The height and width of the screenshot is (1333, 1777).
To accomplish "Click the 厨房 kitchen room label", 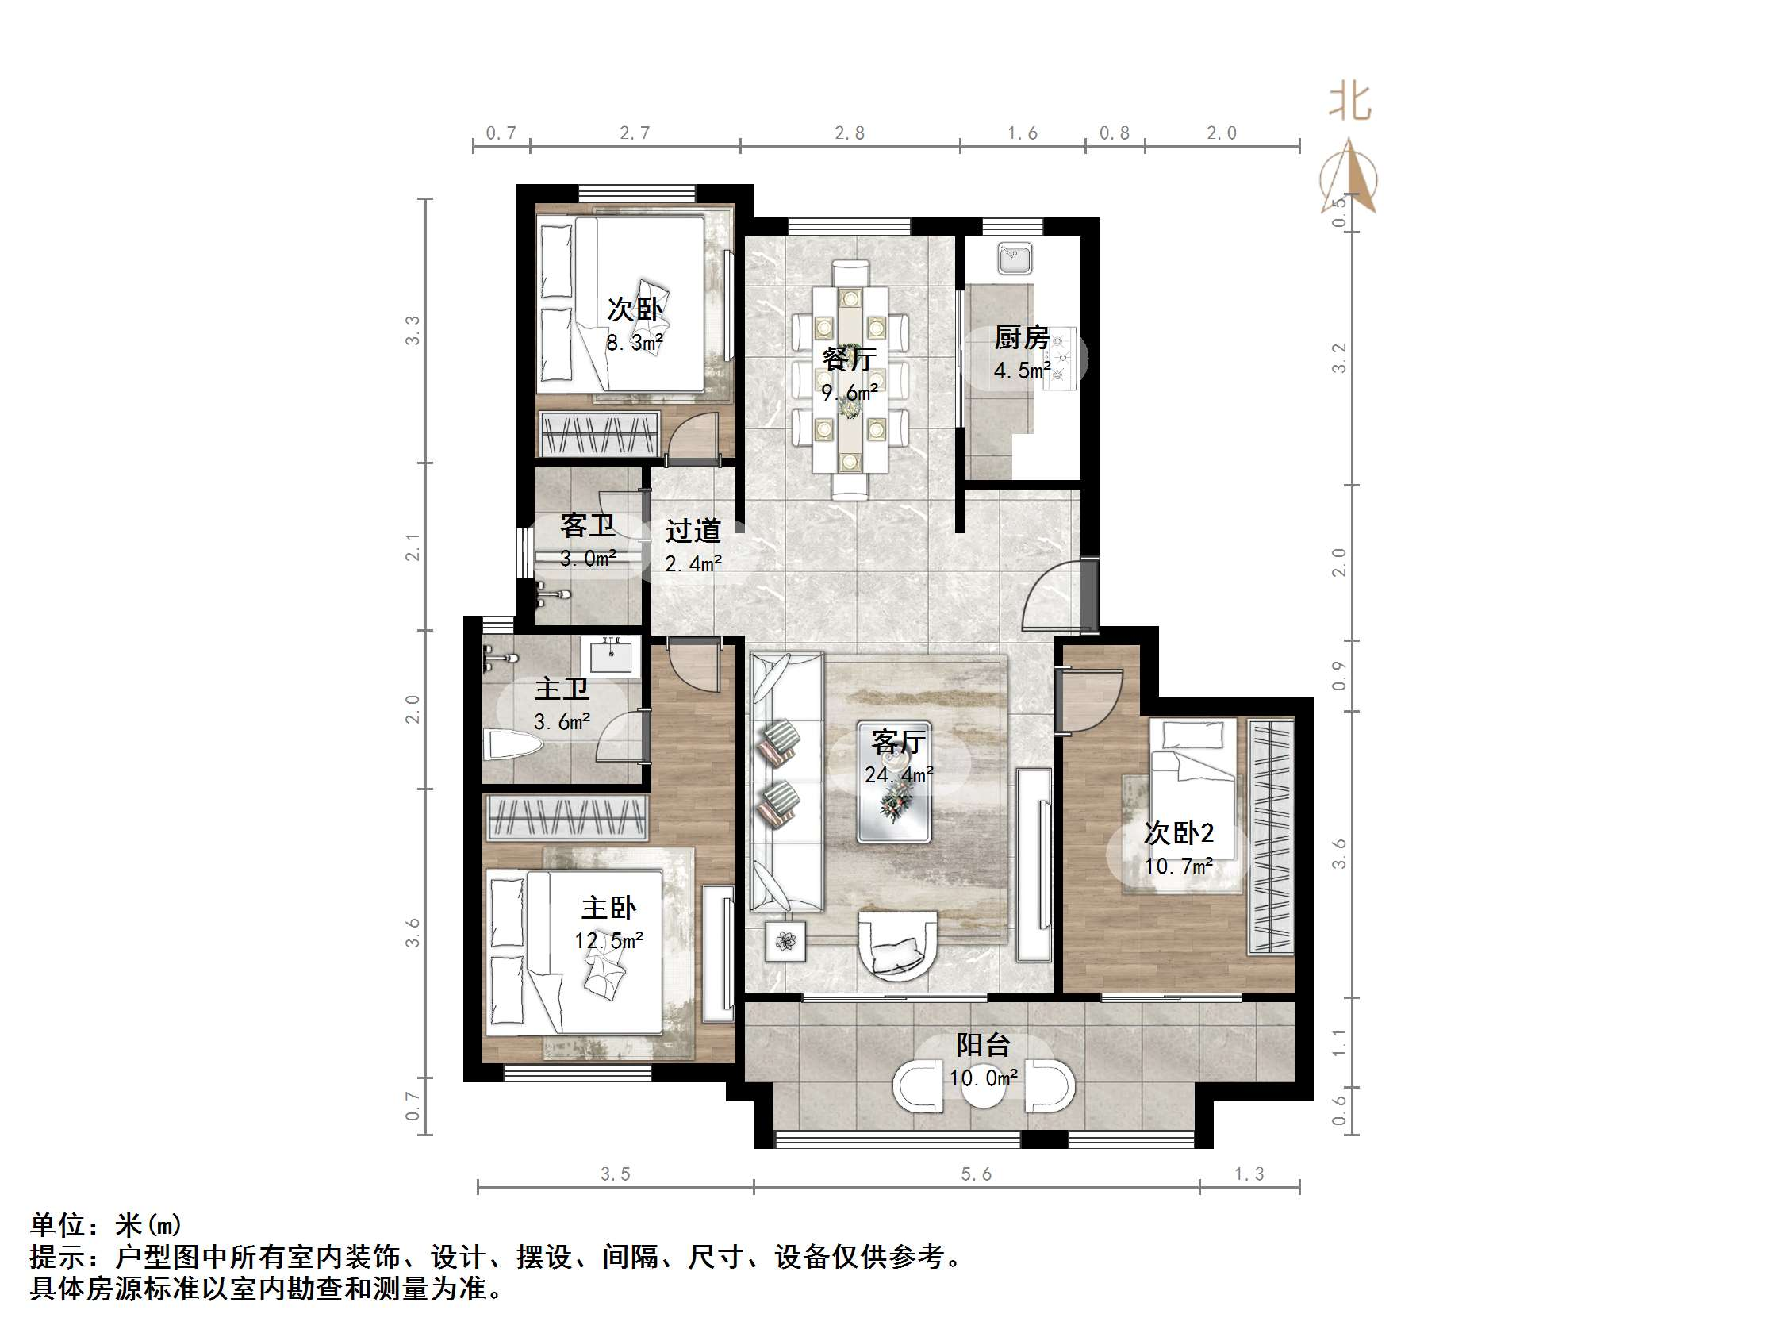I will [1021, 337].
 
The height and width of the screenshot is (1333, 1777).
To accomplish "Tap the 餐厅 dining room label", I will [848, 359].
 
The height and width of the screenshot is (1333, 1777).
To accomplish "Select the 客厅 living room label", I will [898, 742].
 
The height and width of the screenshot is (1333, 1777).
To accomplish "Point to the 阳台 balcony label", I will [983, 1044].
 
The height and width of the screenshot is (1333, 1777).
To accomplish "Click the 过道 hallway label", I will [693, 530].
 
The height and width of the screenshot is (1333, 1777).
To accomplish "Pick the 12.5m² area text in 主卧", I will [609, 940].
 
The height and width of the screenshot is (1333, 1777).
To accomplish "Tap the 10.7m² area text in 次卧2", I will [1179, 866].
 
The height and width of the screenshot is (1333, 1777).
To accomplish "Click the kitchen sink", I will [1015, 259].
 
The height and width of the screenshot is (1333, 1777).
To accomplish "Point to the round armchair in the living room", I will [897, 943].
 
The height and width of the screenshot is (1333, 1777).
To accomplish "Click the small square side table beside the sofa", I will [785, 939].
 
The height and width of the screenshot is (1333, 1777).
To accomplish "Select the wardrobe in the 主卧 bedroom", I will [567, 818].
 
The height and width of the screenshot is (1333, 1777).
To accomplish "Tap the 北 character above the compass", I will [1350, 103].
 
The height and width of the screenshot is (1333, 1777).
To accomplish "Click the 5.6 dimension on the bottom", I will [976, 1174].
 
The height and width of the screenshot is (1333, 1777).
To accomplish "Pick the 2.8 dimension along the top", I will [849, 133].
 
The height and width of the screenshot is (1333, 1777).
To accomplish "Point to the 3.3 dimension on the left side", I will [412, 330].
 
